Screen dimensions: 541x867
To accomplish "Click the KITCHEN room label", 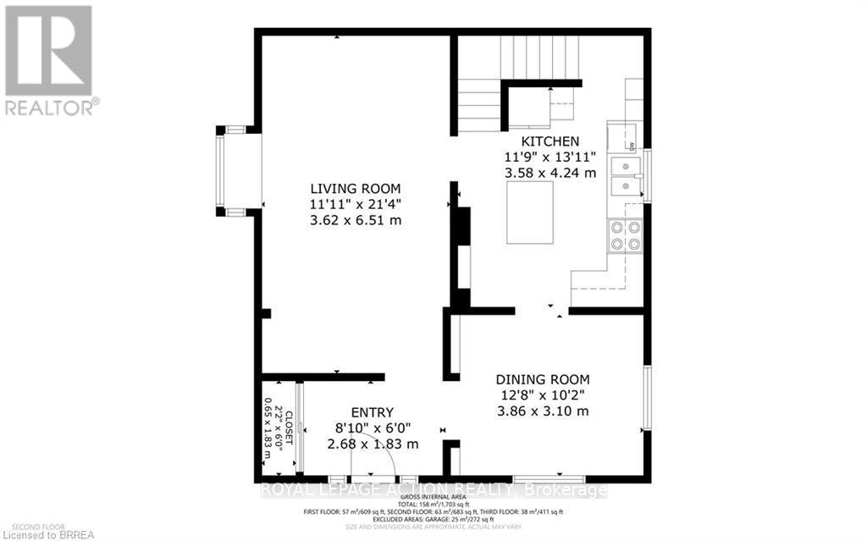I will (550, 141).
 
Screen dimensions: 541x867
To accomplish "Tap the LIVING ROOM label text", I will (355, 188).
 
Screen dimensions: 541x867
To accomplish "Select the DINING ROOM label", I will (542, 379).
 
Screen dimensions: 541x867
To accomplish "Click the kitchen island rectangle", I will (530, 213).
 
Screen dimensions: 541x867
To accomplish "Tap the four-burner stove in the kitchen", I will (625, 235).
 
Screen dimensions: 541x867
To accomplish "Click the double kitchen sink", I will (628, 175).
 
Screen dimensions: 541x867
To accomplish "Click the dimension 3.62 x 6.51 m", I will (355, 220).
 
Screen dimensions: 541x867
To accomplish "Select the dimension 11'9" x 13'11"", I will (550, 157).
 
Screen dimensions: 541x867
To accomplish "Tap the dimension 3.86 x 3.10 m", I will (542, 411).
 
